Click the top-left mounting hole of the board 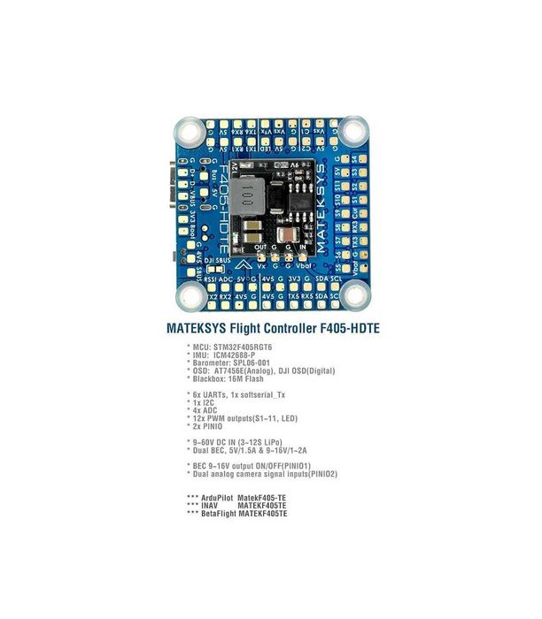(188, 133)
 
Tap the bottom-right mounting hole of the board (352, 296)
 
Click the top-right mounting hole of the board (352, 133)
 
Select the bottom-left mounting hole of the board (188, 296)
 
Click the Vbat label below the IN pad (303, 264)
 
